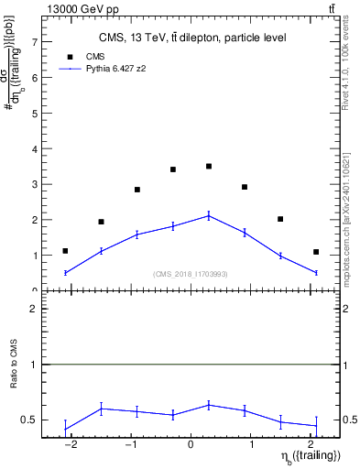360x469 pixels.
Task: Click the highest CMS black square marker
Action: tap(209, 166)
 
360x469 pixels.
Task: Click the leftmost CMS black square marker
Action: tap(65, 251)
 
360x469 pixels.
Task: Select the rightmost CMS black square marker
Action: tap(316, 252)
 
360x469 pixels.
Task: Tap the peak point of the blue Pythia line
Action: tap(209, 215)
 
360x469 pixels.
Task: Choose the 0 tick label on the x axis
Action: tap(191, 445)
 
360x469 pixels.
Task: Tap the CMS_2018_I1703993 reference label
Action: tap(191, 274)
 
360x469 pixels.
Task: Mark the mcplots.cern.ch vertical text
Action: tap(350, 211)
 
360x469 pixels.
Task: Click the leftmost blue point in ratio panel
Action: tap(65, 429)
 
